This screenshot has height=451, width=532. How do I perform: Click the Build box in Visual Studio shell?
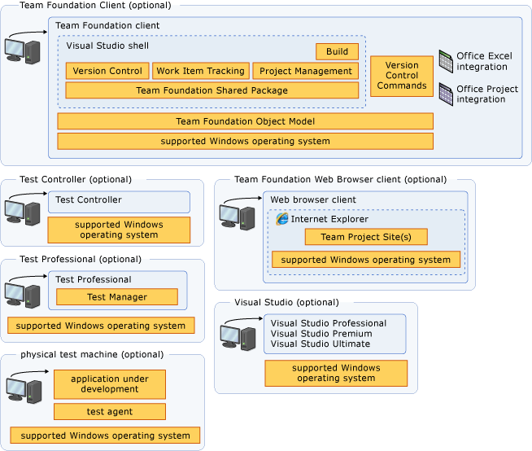click(337, 51)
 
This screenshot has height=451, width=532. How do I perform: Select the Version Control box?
click(107, 71)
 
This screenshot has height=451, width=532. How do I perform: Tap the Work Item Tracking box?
click(200, 71)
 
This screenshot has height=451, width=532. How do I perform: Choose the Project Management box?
click(305, 71)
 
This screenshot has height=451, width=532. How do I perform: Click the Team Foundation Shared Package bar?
click(211, 90)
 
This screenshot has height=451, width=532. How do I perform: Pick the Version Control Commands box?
click(402, 76)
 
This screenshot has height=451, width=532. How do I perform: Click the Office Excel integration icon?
click(446, 60)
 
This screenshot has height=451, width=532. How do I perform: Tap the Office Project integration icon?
click(446, 94)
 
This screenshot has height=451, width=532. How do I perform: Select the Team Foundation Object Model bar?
click(245, 121)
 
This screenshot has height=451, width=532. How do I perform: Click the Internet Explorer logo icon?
click(282, 219)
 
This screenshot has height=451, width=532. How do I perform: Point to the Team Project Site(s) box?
click(366, 237)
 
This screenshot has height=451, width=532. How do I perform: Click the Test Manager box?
click(117, 297)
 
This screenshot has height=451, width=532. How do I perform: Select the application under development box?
click(110, 384)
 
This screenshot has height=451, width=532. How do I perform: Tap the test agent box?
click(110, 412)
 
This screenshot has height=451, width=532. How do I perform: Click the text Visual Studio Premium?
click(321, 334)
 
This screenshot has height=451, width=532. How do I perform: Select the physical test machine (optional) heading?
click(91, 355)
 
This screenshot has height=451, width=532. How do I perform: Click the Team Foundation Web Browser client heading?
click(340, 179)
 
